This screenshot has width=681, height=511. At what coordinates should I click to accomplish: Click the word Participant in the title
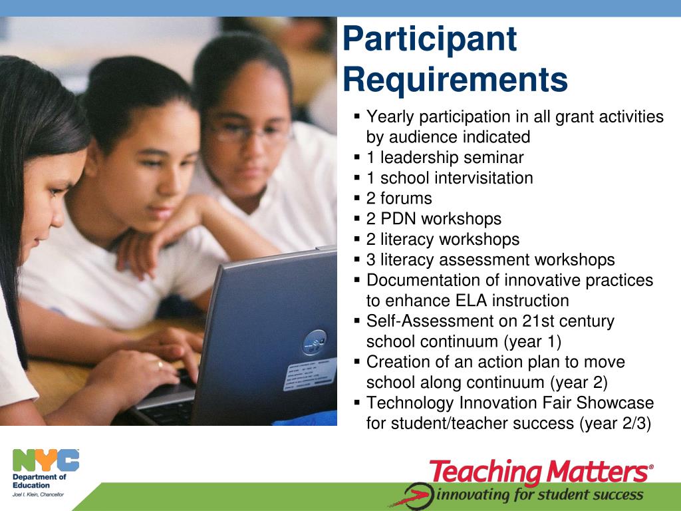point(430,40)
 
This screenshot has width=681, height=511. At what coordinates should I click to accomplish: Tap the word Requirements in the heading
point(456,80)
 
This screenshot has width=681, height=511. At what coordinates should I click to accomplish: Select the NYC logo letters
point(46,460)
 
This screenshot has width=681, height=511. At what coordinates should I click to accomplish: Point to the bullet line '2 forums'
point(399,198)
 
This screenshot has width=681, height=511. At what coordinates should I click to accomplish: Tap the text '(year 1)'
point(533,341)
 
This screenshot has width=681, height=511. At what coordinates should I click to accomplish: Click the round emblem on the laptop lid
point(315,343)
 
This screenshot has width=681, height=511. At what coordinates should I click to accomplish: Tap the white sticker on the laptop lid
point(310,374)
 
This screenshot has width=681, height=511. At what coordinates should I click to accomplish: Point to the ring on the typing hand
point(160,364)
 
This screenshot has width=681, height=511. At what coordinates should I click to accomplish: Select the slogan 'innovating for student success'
point(540,495)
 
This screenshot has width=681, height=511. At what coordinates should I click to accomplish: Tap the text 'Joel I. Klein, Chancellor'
point(38,494)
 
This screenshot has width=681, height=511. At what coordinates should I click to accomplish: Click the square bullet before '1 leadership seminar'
point(357,157)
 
